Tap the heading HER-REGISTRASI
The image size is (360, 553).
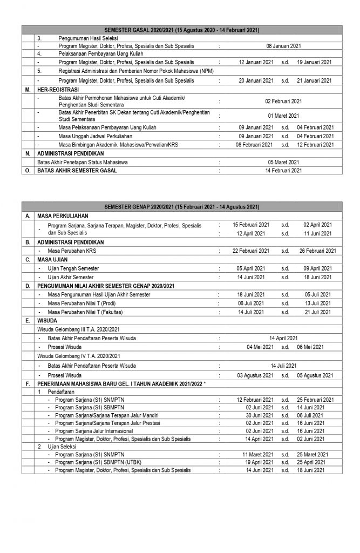click(57, 90)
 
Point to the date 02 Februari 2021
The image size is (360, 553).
click(284, 101)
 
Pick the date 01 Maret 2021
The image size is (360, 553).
click(284, 115)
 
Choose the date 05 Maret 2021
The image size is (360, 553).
click(284, 161)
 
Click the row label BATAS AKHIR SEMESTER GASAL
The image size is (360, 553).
click(77, 170)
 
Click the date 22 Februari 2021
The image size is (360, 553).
click(250, 251)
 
